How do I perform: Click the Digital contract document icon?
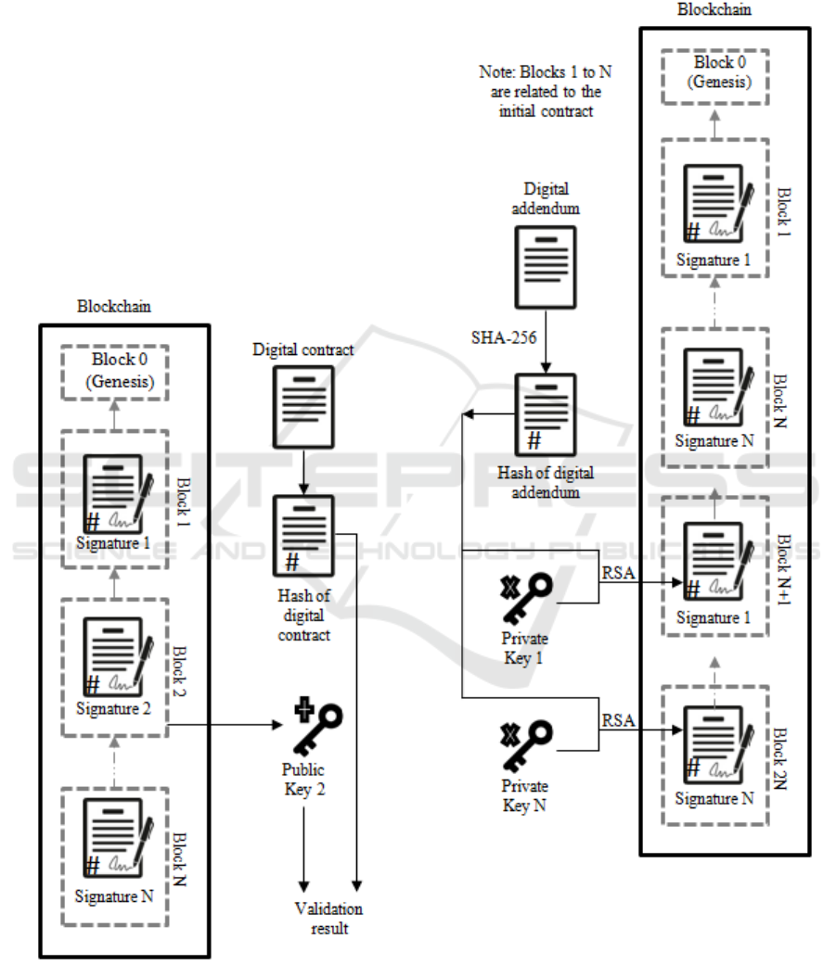tap(302, 403)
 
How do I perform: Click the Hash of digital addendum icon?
tap(546, 414)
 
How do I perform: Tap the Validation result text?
tap(328, 918)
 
